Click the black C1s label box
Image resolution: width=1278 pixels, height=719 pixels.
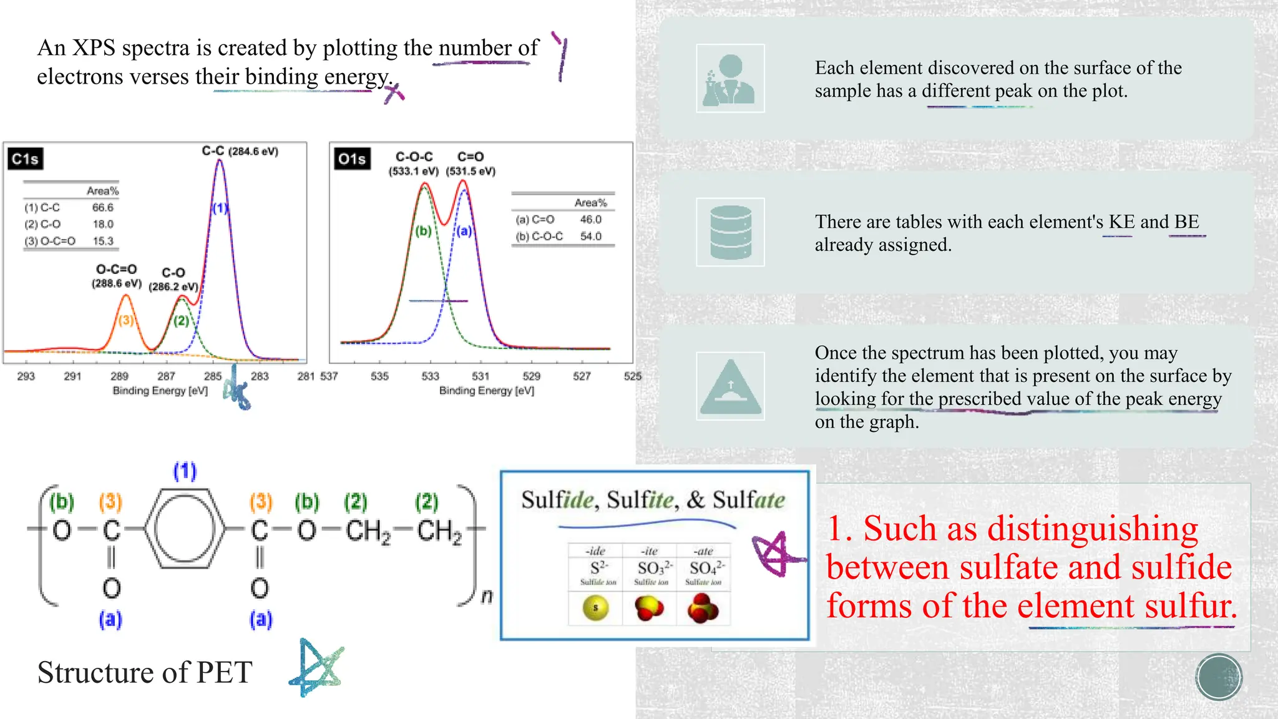point(25,159)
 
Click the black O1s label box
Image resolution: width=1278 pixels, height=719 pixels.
point(352,159)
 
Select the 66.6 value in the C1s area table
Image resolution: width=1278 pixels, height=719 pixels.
point(103,207)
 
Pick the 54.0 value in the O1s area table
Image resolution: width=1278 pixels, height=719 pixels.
point(590,236)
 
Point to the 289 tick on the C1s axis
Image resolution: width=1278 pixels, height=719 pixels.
point(119,376)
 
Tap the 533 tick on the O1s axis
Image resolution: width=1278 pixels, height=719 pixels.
point(430,376)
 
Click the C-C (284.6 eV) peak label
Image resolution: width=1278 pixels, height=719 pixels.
point(240,151)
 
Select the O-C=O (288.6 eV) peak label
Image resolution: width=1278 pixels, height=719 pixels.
point(117,276)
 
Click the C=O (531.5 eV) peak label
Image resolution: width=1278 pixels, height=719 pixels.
point(471,163)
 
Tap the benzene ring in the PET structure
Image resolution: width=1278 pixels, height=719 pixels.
point(184,529)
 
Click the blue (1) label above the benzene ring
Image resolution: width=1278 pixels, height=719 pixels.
point(185,471)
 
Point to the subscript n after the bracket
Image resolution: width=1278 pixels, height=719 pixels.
point(487,596)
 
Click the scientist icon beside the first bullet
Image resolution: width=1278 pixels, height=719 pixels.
point(730,79)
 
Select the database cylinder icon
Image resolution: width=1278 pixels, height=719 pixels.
point(730,232)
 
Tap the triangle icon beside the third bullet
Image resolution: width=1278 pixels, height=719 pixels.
point(730,387)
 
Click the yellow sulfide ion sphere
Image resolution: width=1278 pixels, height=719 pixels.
point(595,607)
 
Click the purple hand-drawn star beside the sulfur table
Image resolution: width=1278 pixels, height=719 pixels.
point(775,553)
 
